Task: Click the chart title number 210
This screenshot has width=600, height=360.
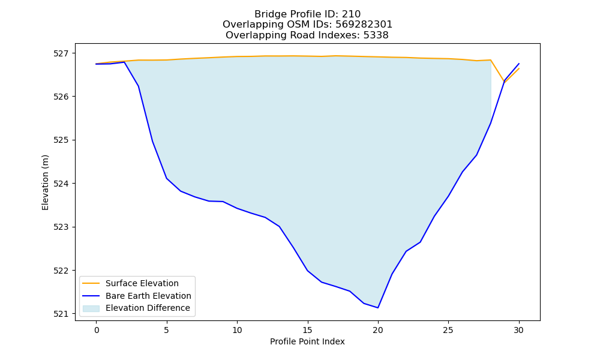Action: [351, 14]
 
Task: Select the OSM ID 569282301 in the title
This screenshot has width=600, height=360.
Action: [364, 25]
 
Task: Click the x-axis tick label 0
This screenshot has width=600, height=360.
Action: [97, 330]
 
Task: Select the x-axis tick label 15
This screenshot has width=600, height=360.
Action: [308, 330]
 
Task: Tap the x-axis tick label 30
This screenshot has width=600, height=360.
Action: [518, 330]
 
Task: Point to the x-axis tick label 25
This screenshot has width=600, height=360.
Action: [448, 330]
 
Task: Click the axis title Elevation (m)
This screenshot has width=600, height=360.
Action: [45, 182]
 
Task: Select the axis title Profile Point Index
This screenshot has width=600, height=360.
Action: [307, 341]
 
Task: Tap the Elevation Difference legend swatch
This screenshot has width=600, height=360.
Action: [91, 308]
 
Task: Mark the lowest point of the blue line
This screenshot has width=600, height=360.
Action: [378, 308]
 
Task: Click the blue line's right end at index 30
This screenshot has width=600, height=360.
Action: [519, 64]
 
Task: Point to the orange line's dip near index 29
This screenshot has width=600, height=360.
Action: [505, 82]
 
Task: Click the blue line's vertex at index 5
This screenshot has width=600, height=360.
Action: [166, 178]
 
